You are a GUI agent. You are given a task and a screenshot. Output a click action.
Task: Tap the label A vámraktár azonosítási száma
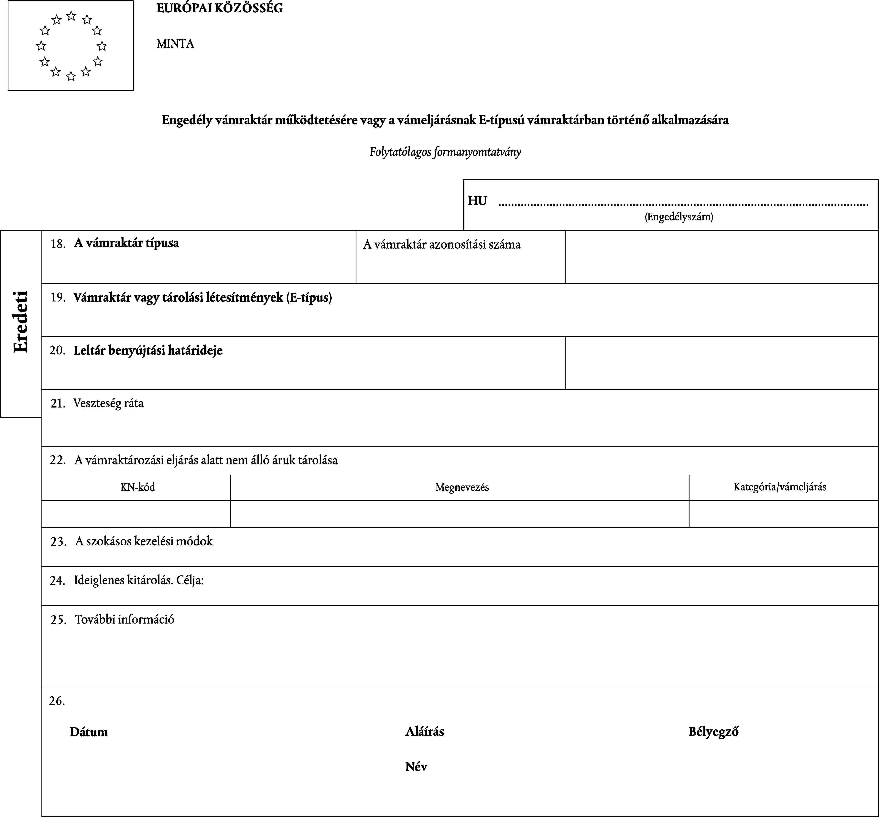click(442, 245)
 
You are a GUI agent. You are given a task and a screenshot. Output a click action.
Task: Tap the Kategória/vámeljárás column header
click(780, 487)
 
